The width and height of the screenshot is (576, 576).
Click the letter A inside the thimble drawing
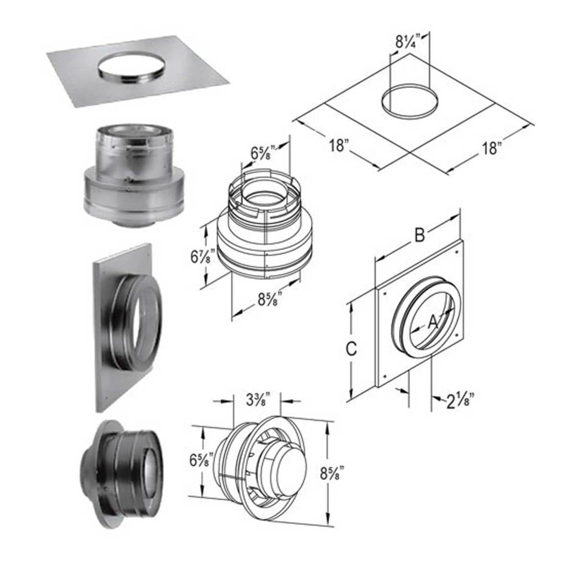(432, 321)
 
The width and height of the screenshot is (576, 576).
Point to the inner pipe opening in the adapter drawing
(261, 197)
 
